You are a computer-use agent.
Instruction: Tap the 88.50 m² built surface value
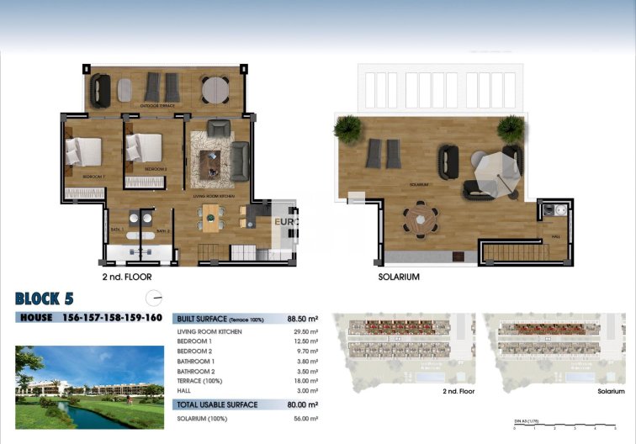pos(301,319)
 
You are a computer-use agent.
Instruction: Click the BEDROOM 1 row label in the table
pos(195,341)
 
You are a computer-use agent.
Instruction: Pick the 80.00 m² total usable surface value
pos(301,404)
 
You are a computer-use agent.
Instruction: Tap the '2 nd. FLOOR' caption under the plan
pos(125,276)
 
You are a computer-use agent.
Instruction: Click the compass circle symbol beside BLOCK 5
pos(154,297)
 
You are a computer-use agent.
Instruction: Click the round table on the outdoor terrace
pos(215,88)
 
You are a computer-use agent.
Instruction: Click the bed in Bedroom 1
pos(83,151)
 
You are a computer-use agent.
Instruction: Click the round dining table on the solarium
pos(420,222)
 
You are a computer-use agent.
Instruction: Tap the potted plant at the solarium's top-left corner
pos(347,129)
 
